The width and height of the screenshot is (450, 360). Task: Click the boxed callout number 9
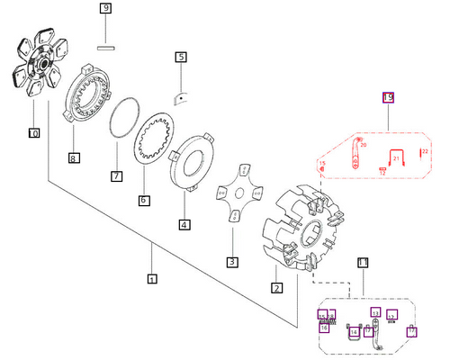[x=105, y=9]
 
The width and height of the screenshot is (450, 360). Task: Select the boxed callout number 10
[x=34, y=133]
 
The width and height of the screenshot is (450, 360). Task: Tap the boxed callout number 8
[x=73, y=158]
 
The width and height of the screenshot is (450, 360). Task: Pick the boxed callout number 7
[x=116, y=175]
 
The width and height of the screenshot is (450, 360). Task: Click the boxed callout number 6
[x=144, y=199]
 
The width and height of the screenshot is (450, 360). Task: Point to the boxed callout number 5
[x=181, y=57]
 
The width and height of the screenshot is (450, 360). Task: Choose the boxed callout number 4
[x=184, y=224]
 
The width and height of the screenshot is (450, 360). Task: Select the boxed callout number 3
[x=231, y=262]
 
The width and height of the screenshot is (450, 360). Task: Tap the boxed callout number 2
[x=277, y=288]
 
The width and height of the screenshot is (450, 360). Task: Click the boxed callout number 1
[x=152, y=278]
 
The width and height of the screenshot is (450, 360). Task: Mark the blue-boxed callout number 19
[x=389, y=97]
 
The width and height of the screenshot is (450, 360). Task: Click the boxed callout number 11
[x=363, y=263]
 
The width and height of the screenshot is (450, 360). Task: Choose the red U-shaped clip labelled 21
[x=395, y=158]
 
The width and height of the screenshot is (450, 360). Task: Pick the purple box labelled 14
[x=354, y=332]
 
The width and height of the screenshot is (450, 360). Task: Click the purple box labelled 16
[x=324, y=328]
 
